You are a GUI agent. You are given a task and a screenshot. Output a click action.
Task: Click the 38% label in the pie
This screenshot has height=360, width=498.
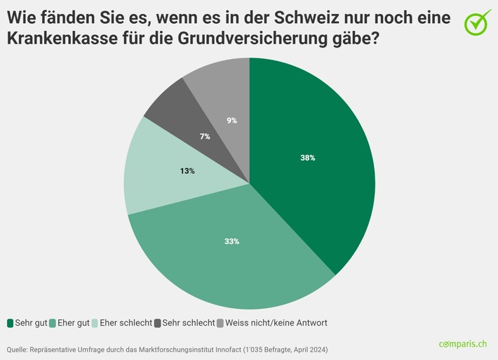(x=307, y=158)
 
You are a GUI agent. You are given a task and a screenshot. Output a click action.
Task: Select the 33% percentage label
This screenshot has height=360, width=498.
(x=231, y=241)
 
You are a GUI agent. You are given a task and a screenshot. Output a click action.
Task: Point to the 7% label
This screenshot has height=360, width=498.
(x=205, y=136)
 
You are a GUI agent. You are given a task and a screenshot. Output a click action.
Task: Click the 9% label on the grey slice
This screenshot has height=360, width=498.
(x=231, y=120)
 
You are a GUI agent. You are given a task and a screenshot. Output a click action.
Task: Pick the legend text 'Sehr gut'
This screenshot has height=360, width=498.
(x=31, y=323)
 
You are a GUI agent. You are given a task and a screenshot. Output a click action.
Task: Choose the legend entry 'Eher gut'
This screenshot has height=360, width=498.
(x=73, y=323)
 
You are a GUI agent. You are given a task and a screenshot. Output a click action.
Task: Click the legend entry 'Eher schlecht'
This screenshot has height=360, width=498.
(x=126, y=323)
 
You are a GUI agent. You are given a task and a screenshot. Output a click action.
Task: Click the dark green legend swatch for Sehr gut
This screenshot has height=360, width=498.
(x=11, y=323)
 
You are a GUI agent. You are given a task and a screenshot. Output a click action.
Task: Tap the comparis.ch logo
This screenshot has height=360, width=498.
(x=463, y=344)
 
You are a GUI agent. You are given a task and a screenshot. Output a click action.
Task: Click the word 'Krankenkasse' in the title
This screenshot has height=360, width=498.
(x=58, y=40)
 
